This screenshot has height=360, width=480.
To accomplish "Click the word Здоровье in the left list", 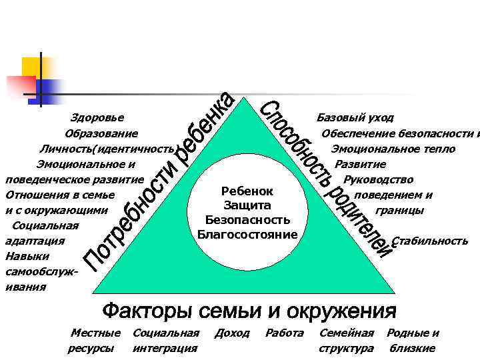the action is [97, 118].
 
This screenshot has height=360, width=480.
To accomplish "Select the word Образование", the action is [101, 133].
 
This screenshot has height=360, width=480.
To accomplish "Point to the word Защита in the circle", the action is [247, 205].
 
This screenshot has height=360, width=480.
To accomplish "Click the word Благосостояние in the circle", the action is [247, 234].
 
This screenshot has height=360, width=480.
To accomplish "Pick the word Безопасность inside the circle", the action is [247, 219].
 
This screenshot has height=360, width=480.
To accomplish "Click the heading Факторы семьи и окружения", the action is [249, 311].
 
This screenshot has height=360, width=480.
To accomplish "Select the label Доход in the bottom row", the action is [232, 333].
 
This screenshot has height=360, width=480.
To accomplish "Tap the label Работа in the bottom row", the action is [285, 333].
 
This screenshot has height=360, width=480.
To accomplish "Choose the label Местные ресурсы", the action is [95, 340].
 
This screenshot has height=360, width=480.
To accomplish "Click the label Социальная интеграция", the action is [166, 340].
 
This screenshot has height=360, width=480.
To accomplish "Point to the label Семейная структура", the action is [347, 340].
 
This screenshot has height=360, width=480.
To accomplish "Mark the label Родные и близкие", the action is [413, 340].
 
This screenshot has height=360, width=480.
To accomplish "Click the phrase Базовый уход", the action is [355, 118].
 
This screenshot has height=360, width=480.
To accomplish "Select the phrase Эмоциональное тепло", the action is [393, 149].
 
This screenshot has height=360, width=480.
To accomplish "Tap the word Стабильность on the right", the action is [430, 241].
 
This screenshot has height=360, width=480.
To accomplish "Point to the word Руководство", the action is [378, 179].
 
